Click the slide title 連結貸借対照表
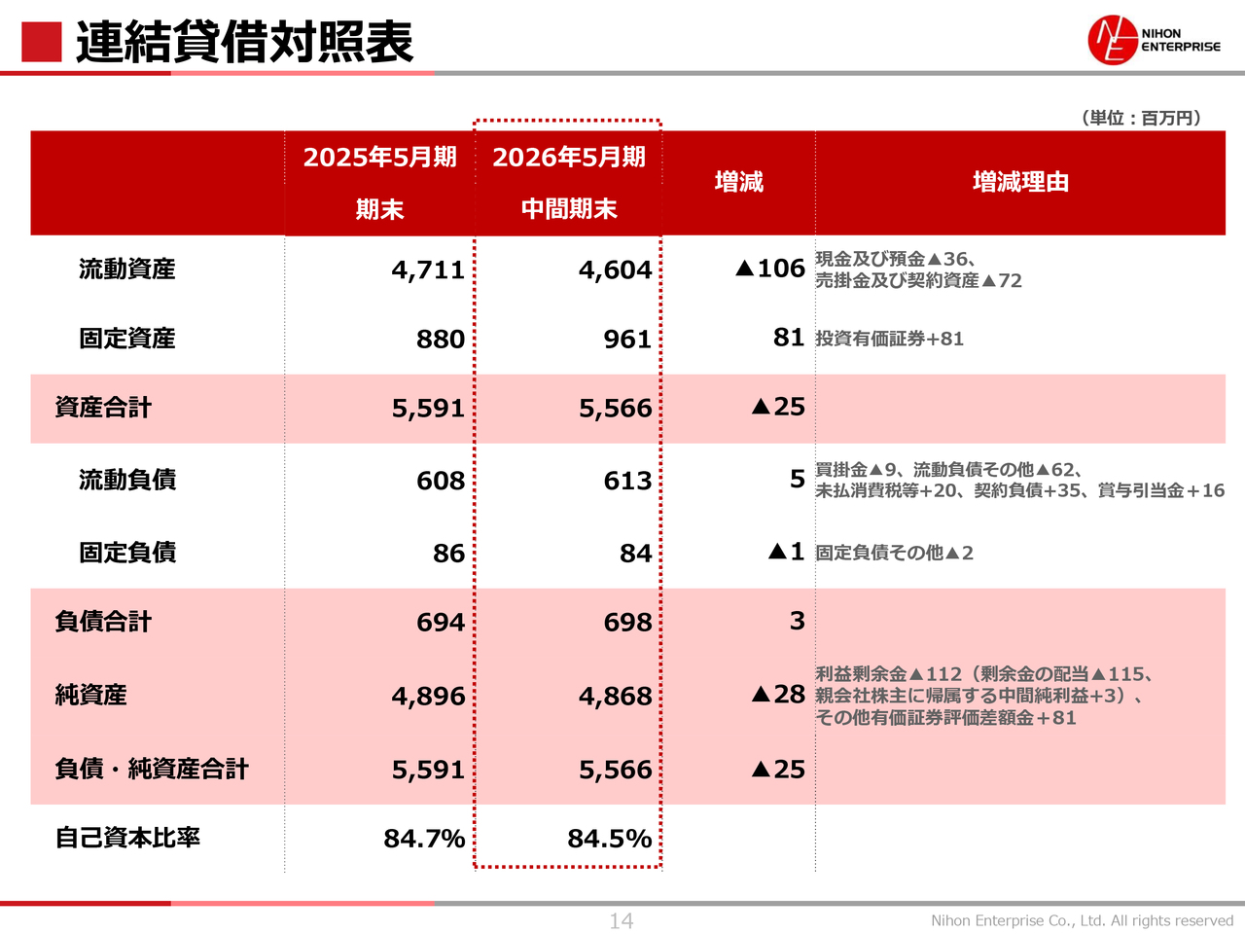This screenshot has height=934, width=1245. pyautogui.click(x=244, y=42)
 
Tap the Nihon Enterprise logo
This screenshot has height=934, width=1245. pyautogui.click(x=1154, y=40)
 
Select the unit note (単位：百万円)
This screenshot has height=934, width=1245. pyautogui.click(x=1141, y=118)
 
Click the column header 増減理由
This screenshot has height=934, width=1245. pyautogui.click(x=1020, y=182)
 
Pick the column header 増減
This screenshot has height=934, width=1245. pyautogui.click(x=738, y=182)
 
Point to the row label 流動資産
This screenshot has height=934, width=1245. pyautogui.click(x=127, y=269)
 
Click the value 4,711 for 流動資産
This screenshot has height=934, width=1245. pyautogui.click(x=428, y=270)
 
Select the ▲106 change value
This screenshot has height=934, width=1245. pyautogui.click(x=769, y=269)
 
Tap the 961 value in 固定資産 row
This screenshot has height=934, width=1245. pyautogui.click(x=627, y=340)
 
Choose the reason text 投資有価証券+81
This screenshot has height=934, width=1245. pyautogui.click(x=889, y=339)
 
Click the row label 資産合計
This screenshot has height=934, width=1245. pyautogui.click(x=103, y=408)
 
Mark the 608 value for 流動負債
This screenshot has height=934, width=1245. pyautogui.click(x=441, y=481)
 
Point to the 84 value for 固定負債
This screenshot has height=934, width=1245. pyautogui.click(x=636, y=554)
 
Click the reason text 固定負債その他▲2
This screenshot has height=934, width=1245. pyautogui.click(x=894, y=553)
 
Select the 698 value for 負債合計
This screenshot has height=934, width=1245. pyautogui.click(x=627, y=623)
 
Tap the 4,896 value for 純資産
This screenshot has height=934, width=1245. pyautogui.click(x=428, y=697)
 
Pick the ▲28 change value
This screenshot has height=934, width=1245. pyautogui.click(x=777, y=695)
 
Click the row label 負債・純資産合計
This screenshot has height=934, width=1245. pyautogui.click(x=152, y=770)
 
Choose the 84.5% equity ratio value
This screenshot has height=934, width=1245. pyautogui.click(x=609, y=839)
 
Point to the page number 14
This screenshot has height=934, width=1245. pyautogui.click(x=622, y=920)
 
